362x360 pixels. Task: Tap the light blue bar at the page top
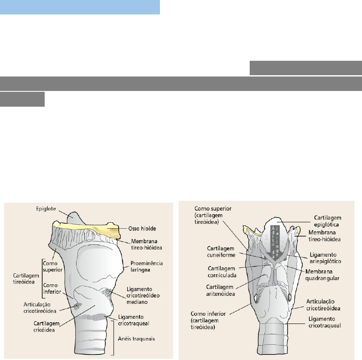click(x=80, y=7)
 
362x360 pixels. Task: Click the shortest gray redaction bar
click(x=23, y=100)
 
